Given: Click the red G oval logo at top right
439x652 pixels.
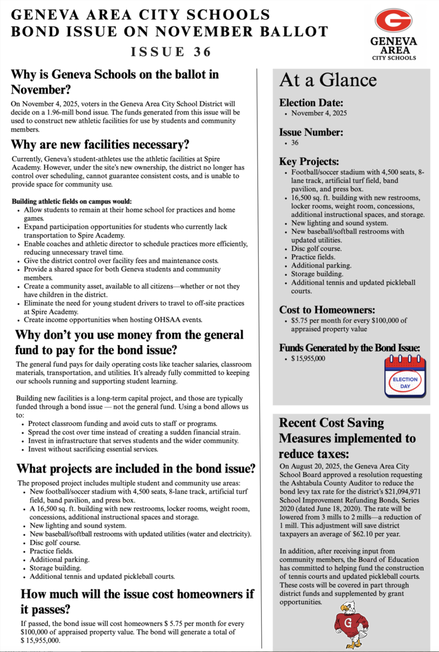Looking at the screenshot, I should tap(393, 21).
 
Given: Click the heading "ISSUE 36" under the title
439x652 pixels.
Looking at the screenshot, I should tap(171, 52).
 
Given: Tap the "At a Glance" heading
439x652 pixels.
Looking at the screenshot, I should tap(327, 80).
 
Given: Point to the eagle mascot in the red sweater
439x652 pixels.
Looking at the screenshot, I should tap(351, 625).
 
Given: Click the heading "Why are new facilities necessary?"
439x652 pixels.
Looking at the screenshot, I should tap(101, 145).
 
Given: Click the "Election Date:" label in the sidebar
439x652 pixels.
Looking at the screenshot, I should tap(311, 103).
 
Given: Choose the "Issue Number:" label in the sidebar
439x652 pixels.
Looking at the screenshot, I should tap(311, 132).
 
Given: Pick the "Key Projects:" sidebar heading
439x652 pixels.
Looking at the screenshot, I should tap(309, 162).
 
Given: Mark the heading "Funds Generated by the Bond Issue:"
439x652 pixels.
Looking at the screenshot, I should tap(350, 348).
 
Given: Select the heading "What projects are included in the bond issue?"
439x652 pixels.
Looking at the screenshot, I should tap(136, 469).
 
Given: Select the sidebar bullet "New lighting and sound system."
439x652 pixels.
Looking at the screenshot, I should tap(339, 223).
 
